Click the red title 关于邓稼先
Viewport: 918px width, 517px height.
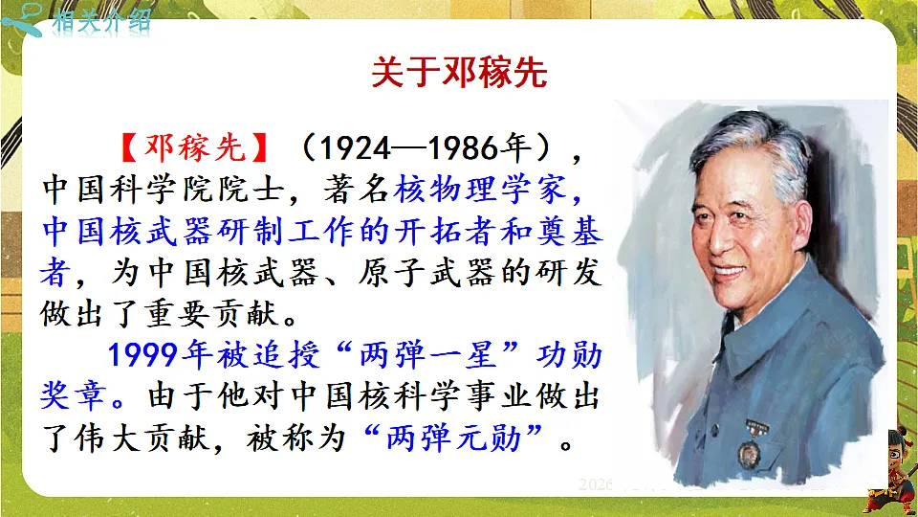[x=459, y=74]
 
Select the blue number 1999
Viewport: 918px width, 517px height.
[x=144, y=355]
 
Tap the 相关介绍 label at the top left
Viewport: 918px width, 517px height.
[x=101, y=21]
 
